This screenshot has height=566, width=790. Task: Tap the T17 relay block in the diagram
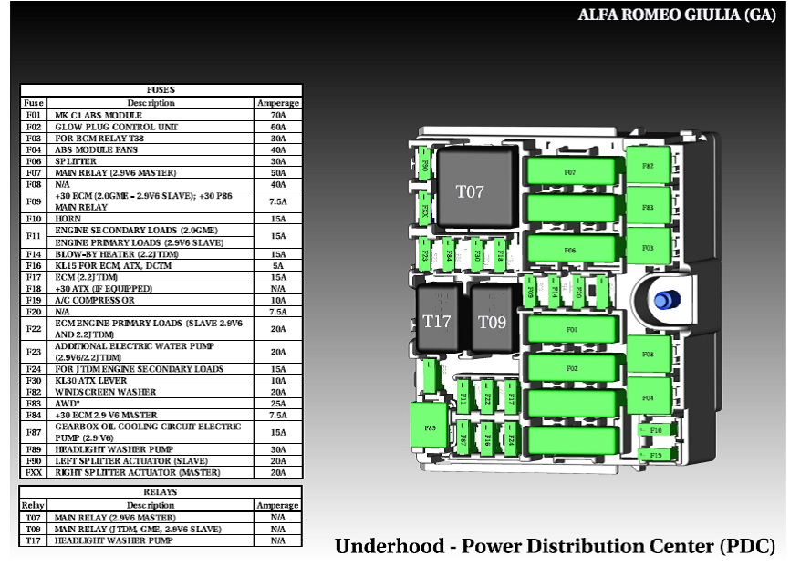tap(438, 320)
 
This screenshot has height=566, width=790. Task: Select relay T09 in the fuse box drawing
tap(492, 320)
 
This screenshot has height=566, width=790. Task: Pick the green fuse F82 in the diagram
tap(648, 166)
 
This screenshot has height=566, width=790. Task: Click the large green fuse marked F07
tap(570, 171)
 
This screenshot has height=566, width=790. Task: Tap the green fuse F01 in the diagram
tap(572, 329)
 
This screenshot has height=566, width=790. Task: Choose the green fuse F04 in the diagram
tap(648, 397)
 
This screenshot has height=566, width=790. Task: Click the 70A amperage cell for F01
tap(277, 116)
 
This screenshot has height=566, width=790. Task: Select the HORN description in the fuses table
tap(69, 219)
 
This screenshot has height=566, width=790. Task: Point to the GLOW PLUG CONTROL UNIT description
tap(116, 127)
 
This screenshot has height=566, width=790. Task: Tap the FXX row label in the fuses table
tap(34, 472)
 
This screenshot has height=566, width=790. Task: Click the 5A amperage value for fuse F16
tap(277, 265)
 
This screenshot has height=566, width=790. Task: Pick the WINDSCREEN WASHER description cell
tap(105, 392)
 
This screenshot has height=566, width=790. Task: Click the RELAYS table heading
tap(160, 492)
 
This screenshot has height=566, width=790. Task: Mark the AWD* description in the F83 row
tap(68, 403)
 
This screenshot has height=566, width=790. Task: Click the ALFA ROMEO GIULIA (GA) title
tap(677, 15)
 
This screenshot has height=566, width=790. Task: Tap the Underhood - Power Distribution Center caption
tap(555, 546)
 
